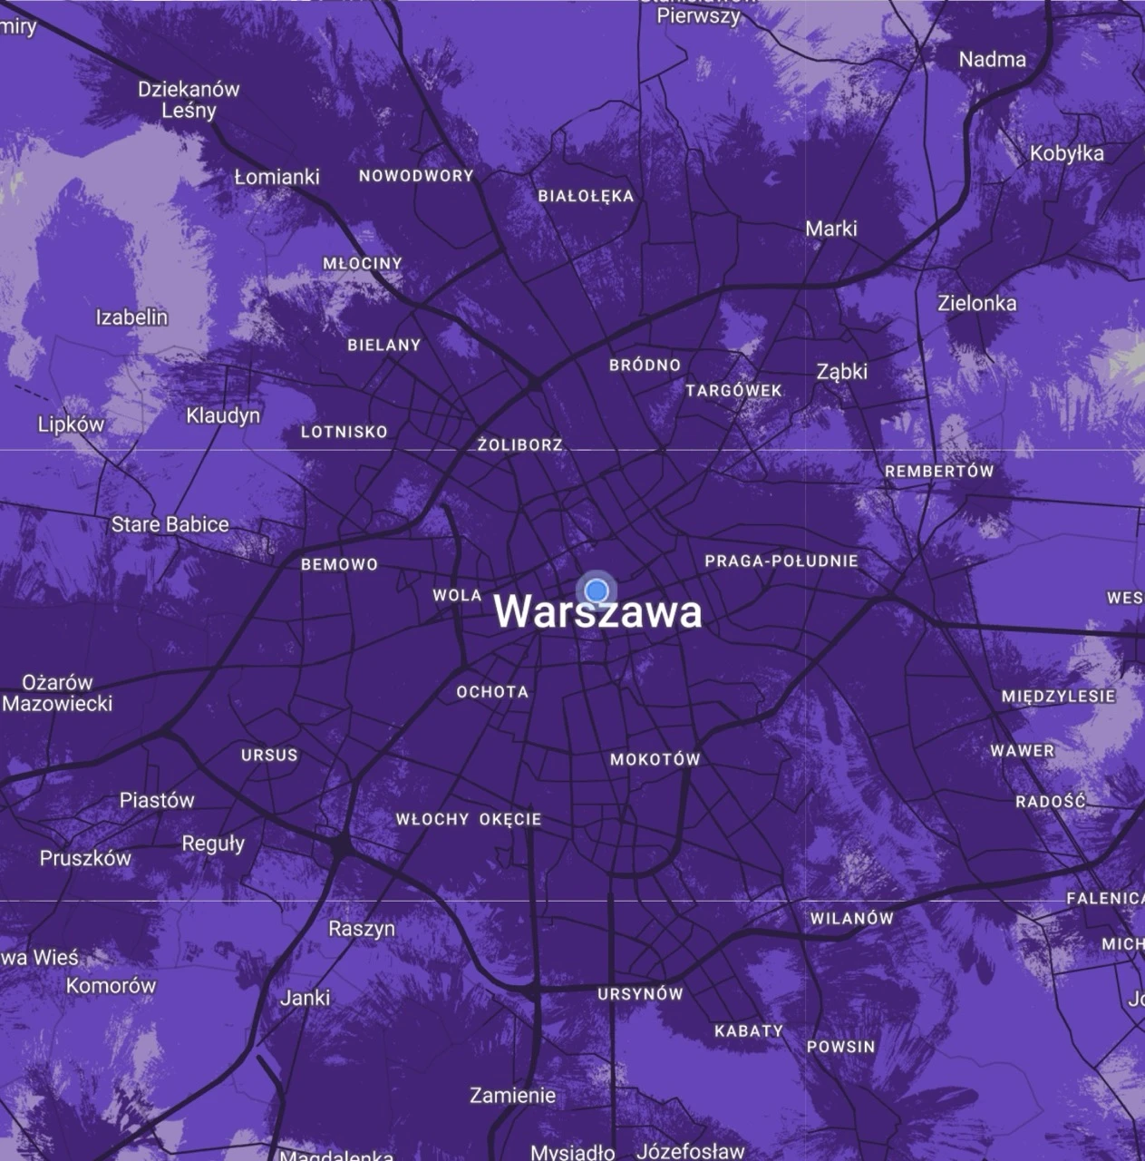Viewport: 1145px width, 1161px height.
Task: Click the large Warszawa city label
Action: point(597,612)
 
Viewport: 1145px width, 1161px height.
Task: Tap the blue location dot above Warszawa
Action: point(596,591)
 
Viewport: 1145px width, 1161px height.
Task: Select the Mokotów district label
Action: point(655,759)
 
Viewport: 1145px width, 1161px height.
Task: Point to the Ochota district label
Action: point(492,692)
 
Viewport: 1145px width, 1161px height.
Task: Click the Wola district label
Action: point(457,596)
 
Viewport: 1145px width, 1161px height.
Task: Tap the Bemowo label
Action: point(339,564)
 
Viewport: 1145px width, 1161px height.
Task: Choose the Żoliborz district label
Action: point(520,445)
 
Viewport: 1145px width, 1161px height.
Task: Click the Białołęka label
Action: point(586,196)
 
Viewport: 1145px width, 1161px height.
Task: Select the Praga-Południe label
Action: point(781,561)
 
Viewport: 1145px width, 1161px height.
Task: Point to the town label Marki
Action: point(831,229)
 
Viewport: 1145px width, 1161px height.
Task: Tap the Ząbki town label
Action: point(841,371)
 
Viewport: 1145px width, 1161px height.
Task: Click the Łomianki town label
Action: point(277,177)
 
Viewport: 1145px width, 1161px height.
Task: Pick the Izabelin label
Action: point(131,317)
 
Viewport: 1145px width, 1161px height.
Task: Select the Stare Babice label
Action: point(170,524)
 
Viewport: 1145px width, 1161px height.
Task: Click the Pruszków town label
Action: point(85,858)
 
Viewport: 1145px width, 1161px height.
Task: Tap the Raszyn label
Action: point(362,929)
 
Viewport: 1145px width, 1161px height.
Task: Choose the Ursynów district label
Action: point(640,994)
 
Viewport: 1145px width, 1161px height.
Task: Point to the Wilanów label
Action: point(851,918)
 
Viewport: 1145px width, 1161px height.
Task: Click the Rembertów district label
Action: point(939,472)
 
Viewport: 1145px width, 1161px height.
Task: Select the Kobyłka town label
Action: point(1066,153)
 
